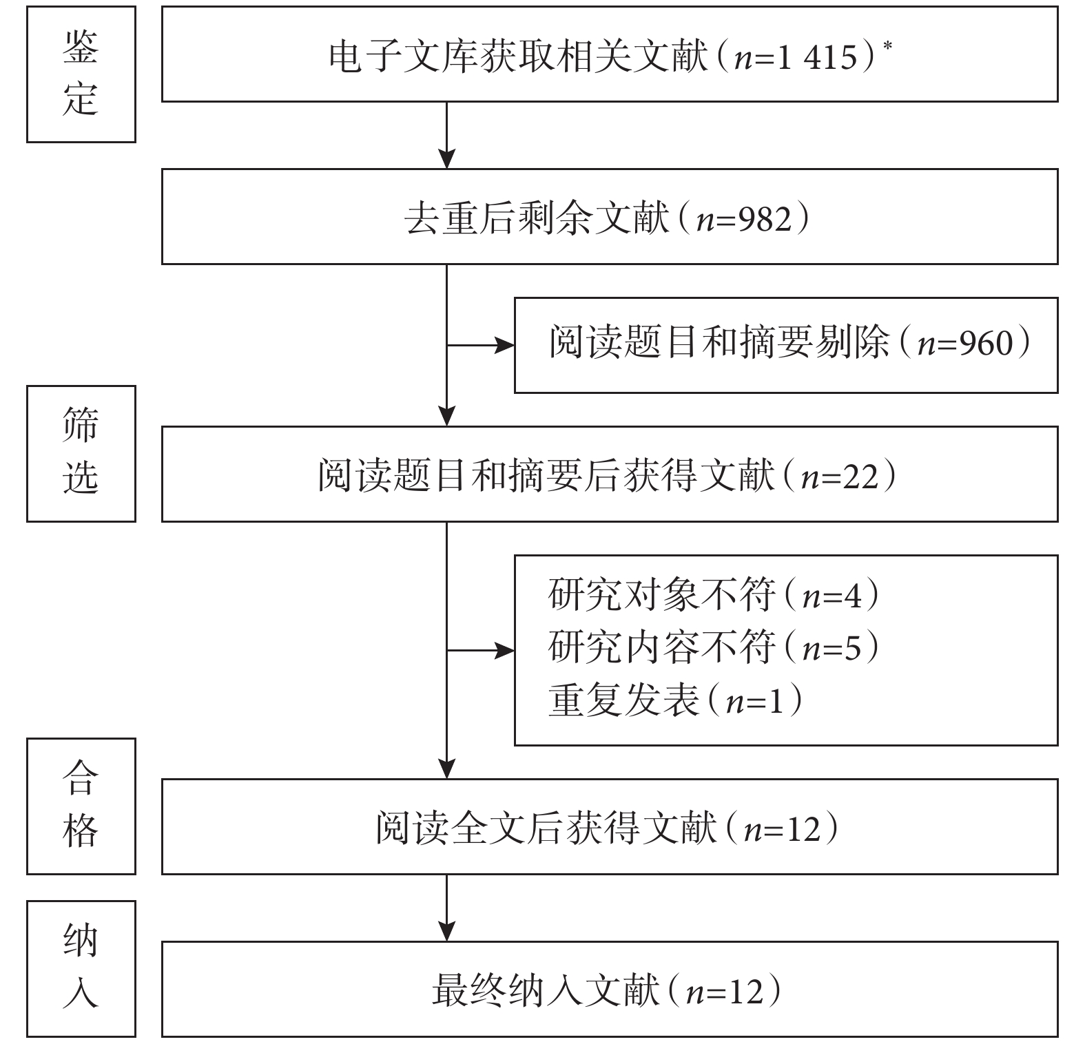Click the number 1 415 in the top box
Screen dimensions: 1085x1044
(818, 57)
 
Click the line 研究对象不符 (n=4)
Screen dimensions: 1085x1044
(714, 594)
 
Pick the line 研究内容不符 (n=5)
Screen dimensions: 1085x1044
(714, 647)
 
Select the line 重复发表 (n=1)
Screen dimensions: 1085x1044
(676, 700)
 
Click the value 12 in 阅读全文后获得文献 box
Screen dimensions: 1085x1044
(803, 828)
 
